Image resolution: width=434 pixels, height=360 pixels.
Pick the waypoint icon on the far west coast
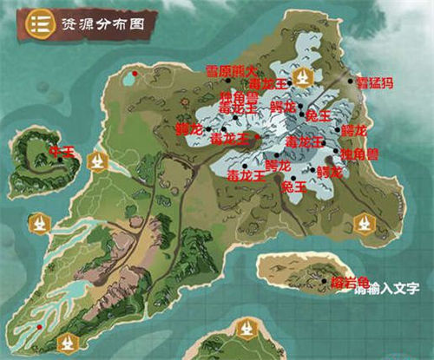[37, 225]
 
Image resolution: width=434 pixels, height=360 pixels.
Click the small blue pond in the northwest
[129, 80]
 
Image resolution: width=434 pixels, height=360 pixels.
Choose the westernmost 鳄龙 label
[188, 128]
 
